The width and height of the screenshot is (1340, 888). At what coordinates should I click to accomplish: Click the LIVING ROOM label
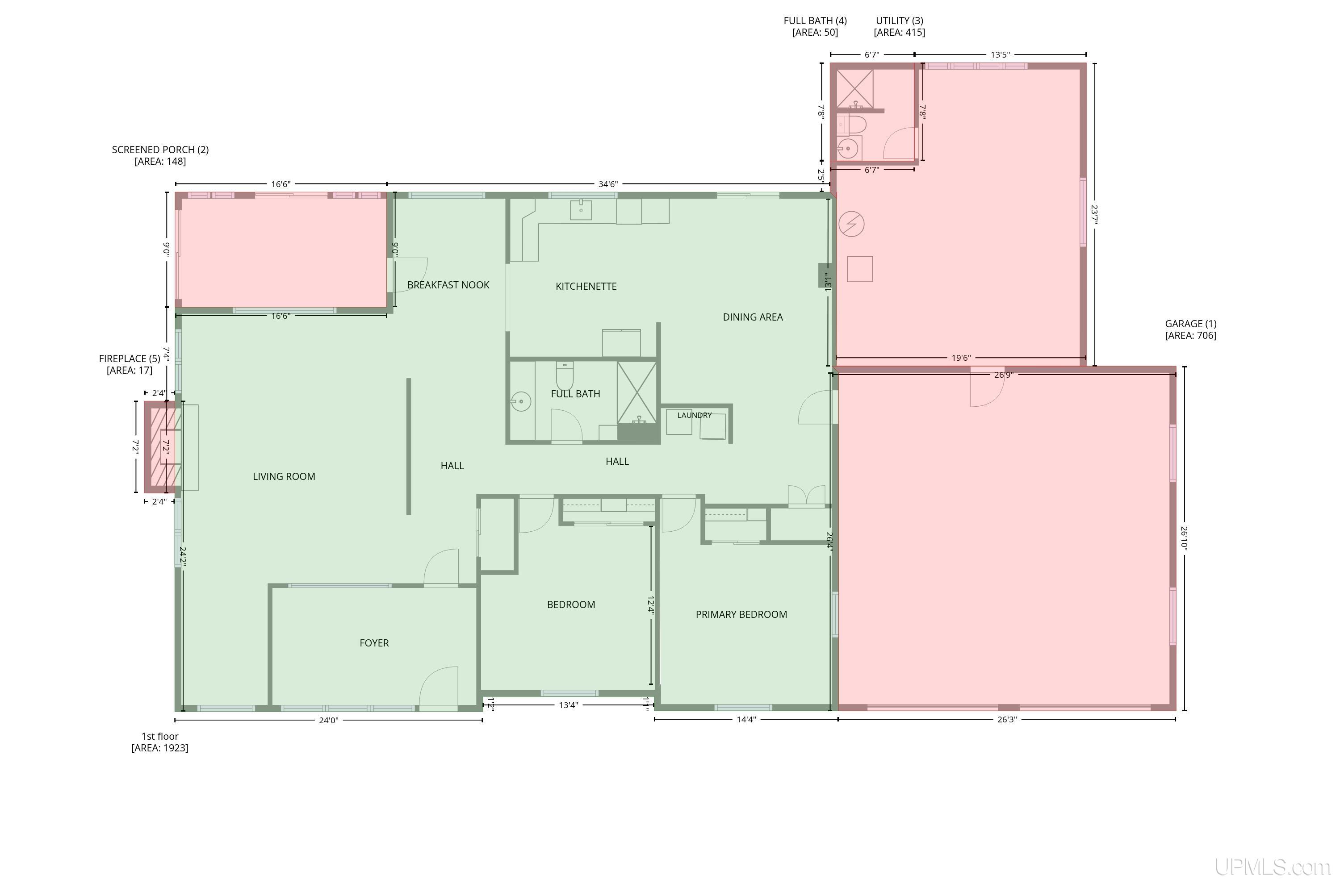284,477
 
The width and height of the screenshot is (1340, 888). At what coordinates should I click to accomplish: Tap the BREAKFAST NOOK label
448,285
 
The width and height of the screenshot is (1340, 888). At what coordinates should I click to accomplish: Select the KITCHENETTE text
586,287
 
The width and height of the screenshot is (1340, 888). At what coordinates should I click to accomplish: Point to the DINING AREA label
753,317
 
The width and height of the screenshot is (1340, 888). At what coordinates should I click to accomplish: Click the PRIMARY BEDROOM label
741,614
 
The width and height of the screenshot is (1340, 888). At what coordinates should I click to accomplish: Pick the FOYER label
374,643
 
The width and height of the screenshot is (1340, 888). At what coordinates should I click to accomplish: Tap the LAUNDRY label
694,415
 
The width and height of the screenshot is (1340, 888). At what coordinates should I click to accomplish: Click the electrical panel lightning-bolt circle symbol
851,224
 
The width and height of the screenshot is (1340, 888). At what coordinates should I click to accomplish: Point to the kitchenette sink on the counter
581,209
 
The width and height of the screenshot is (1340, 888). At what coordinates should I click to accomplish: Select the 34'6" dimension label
608,184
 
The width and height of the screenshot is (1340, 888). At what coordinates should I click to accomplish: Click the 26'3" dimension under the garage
1007,720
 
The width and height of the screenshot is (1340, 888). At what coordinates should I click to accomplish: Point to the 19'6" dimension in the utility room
961,358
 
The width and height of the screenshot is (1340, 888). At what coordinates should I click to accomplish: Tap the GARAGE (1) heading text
1190,324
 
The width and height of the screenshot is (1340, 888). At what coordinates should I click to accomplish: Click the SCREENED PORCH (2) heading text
160,150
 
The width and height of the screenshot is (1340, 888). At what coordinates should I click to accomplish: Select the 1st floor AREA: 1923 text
160,742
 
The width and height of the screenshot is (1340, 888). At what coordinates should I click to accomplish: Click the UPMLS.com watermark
1273,867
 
